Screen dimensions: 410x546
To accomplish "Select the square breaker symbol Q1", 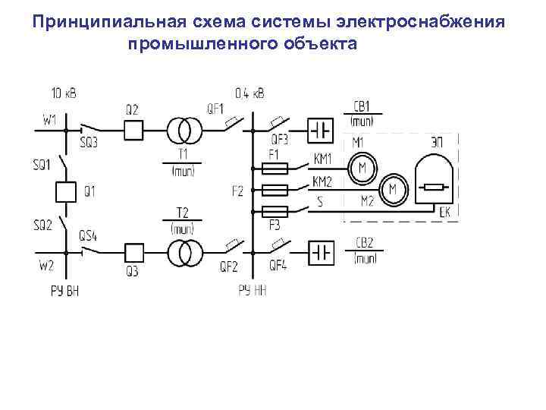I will pos(66,191).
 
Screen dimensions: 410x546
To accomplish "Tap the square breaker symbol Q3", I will pos(133,252).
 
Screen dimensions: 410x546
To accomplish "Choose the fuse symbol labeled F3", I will pos(274,210).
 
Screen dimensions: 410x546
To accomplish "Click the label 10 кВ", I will pos(64,93).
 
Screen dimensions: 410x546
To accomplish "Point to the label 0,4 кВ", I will pos(249,94).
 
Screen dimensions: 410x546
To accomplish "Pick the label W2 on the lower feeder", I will pos(45,266).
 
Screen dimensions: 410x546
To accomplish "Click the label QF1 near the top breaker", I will pos(215,108).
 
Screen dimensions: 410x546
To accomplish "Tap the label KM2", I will pos(322,182).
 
